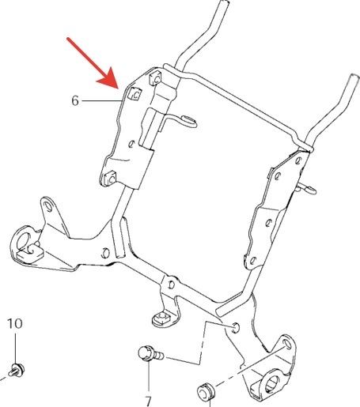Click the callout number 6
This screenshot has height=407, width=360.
tap(75, 100)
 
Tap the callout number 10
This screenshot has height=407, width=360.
tap(15, 323)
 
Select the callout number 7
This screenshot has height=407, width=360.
tap(149, 401)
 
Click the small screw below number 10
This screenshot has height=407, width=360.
tap(17, 369)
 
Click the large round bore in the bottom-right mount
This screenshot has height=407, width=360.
tap(272, 382)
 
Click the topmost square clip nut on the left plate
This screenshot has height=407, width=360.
tap(156, 78)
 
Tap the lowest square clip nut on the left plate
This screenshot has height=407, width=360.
tap(110, 178)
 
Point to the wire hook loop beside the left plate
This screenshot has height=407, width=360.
tap(188, 122)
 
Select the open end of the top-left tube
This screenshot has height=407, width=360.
tap(224, 2)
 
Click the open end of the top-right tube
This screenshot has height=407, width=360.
tap(354, 77)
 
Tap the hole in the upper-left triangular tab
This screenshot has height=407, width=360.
tap(48, 205)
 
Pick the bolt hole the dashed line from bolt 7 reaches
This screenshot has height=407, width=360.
tap(236, 327)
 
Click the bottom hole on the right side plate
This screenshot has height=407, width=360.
tap(252, 261)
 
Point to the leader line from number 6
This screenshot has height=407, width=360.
tap(102, 100)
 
